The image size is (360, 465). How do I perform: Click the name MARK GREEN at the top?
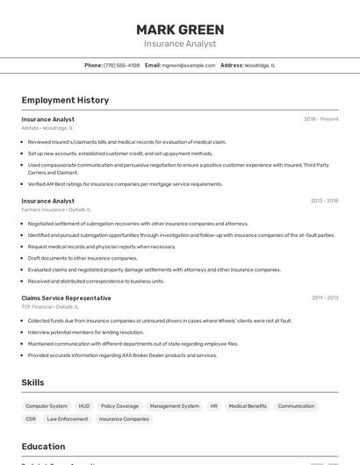[180, 30]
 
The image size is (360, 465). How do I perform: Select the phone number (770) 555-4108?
[121, 65]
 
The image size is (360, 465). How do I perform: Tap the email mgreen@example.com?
[189, 65]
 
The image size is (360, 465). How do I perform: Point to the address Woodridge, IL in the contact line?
[260, 65]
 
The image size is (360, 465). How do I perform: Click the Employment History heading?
[65, 100]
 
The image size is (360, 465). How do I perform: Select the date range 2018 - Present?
[320, 118]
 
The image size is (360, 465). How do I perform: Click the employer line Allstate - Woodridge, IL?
[47, 128]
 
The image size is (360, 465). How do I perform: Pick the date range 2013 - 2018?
[324, 201]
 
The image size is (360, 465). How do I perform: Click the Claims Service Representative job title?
[66, 297]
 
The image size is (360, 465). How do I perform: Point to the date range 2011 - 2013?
[325, 297]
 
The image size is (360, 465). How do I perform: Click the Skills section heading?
[32, 383]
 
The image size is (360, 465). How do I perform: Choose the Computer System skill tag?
[47, 406]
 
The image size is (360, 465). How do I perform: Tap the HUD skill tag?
[84, 406]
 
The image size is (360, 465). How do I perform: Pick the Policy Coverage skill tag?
[119, 406]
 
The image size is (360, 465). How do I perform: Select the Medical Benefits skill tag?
[248, 406]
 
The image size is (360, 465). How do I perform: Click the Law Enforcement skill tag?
[68, 419]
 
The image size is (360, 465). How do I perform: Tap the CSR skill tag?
[31, 419]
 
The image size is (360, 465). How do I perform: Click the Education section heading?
[44, 446]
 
